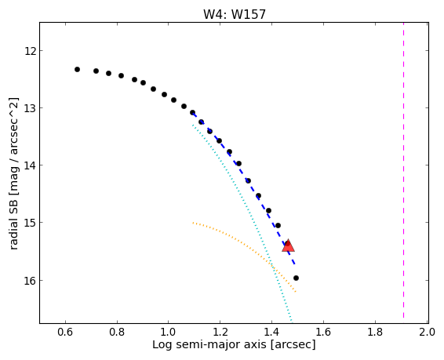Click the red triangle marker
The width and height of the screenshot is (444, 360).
[288, 245]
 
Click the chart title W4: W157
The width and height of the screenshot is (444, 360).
[235, 14]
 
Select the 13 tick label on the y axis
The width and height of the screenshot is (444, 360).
[30, 108]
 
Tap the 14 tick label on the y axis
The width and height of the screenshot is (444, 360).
[30, 165]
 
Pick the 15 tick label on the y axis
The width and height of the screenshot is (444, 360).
[30, 223]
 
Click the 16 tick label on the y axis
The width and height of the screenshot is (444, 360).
[30, 281]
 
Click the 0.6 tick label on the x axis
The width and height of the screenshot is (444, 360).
[65, 332]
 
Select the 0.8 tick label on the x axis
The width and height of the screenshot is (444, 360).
[117, 332]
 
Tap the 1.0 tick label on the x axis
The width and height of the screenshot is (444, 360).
[169, 332]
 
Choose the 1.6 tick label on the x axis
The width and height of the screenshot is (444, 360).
[323, 332]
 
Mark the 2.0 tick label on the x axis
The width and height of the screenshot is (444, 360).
[427, 332]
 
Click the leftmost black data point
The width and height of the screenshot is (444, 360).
[77, 69]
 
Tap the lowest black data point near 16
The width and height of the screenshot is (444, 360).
[296, 278]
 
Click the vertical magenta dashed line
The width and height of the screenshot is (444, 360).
[403, 173]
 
